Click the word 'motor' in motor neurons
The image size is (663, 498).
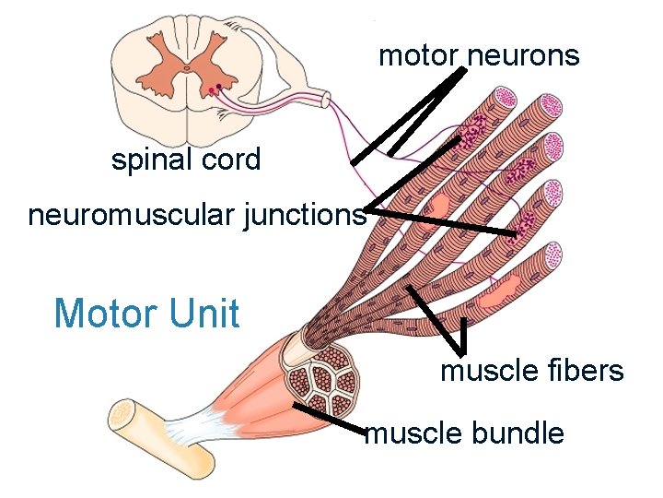pos(417,56)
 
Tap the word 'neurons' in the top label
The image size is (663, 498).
pos(523,56)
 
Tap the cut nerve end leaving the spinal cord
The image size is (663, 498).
pos(325,98)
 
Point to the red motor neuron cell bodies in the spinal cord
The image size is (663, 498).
pos(215,89)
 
